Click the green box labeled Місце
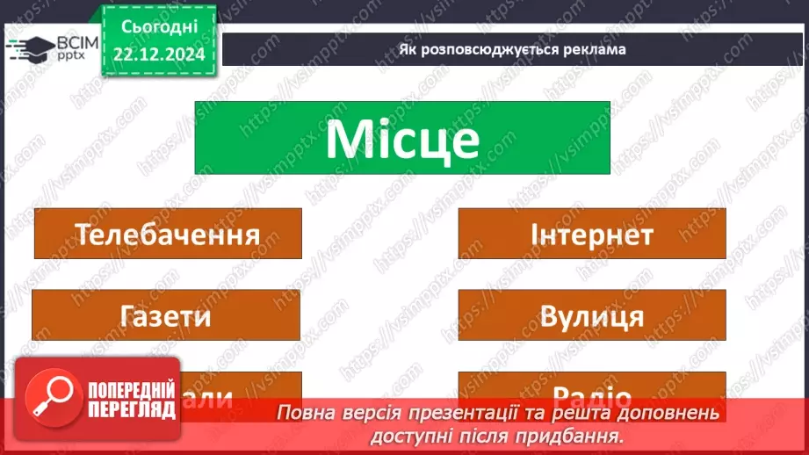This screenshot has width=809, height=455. tap(401, 138)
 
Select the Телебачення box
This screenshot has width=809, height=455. tap(167, 235)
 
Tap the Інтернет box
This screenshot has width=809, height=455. tap(591, 235)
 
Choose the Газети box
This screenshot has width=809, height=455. tap(166, 315)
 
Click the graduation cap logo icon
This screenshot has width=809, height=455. tap(30, 48)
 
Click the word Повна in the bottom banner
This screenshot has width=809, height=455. tap(303, 413)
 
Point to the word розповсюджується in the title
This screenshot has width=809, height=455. tap(488, 49)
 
